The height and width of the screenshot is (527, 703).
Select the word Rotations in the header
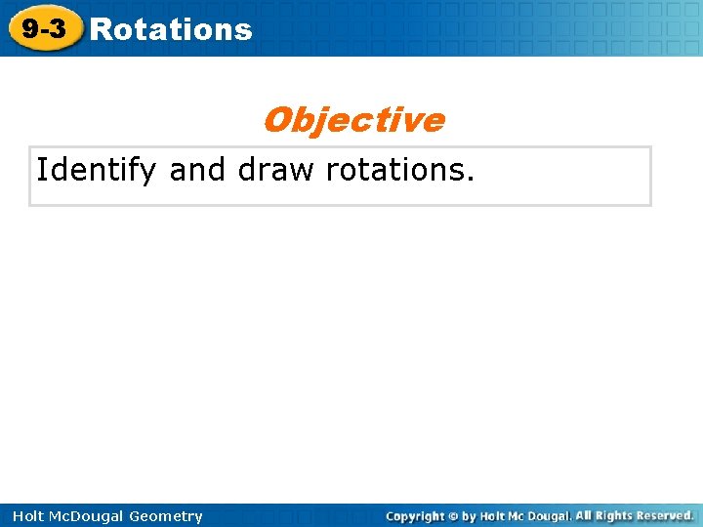click(x=171, y=30)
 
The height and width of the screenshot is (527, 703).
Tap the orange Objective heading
click(x=352, y=120)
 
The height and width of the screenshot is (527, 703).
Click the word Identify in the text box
click(x=96, y=171)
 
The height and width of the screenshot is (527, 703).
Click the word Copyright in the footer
click(x=417, y=515)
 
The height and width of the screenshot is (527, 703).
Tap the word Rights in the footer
click(x=618, y=515)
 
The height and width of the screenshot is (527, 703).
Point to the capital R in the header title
click(x=99, y=30)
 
